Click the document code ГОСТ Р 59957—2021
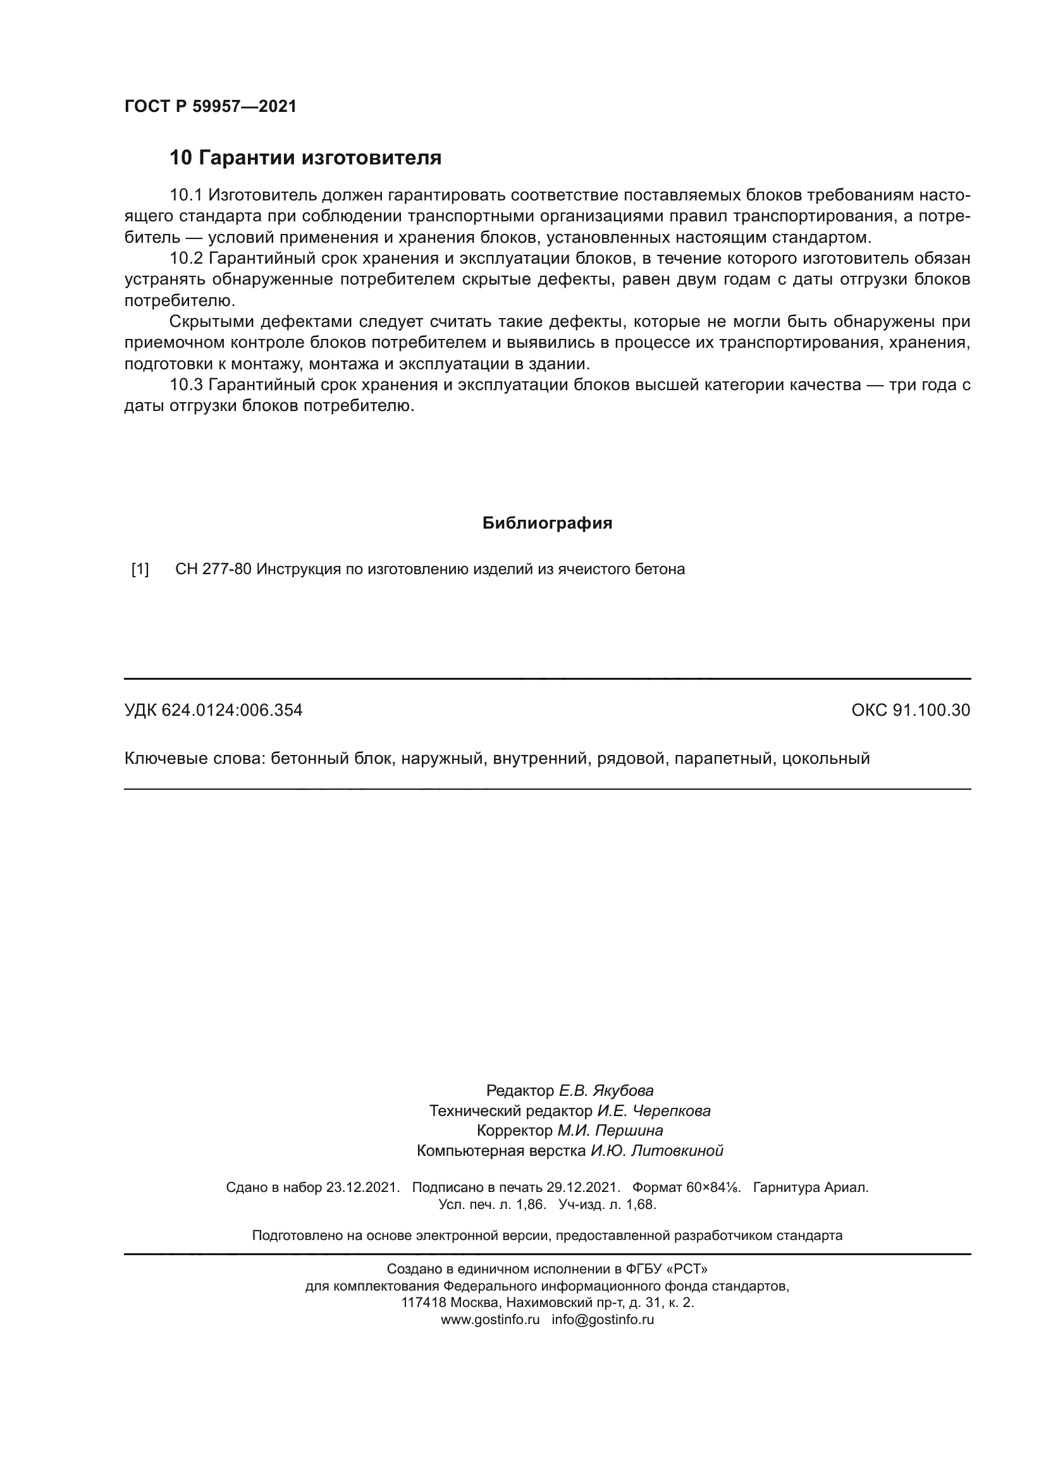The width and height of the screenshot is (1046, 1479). [x=210, y=106]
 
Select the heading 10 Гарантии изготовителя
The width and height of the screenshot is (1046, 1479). [x=305, y=157]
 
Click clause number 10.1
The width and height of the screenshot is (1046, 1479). [x=185, y=195]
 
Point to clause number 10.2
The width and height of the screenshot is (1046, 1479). [x=185, y=259]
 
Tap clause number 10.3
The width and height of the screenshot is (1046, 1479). [x=185, y=384]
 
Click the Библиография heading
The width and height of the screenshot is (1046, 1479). [x=547, y=523]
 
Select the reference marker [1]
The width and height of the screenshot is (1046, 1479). [x=140, y=570]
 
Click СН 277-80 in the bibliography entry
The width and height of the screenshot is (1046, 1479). [x=212, y=570]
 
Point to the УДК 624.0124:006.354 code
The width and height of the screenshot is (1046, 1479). [x=213, y=711]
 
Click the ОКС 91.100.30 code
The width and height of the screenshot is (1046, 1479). [x=910, y=711]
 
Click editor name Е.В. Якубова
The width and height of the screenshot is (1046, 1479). [x=605, y=1091]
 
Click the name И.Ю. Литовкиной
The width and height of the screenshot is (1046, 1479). [x=657, y=1150]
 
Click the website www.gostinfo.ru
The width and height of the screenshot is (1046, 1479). [x=489, y=1319]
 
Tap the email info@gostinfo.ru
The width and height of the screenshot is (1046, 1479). [x=602, y=1319]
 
